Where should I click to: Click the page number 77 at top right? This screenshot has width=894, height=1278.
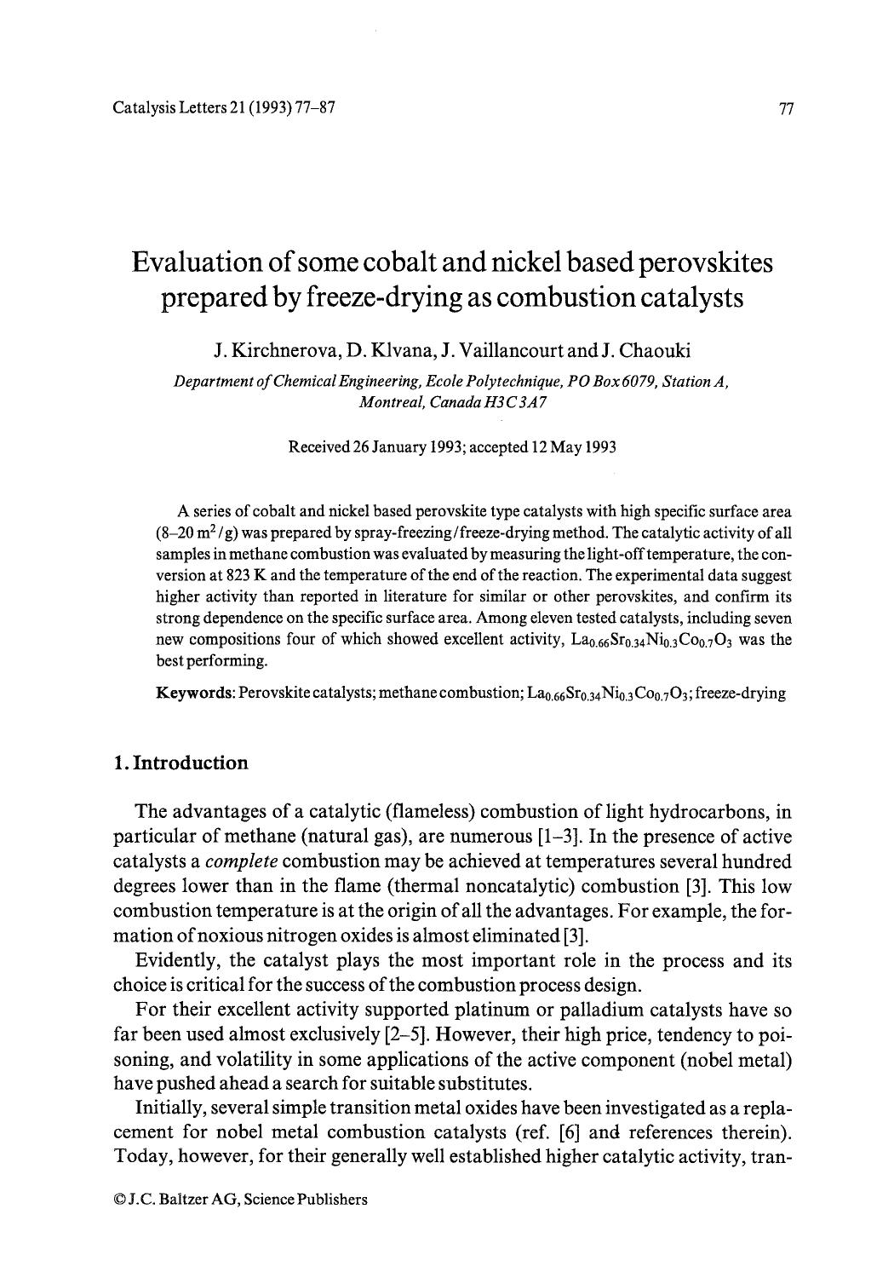click(x=786, y=108)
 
